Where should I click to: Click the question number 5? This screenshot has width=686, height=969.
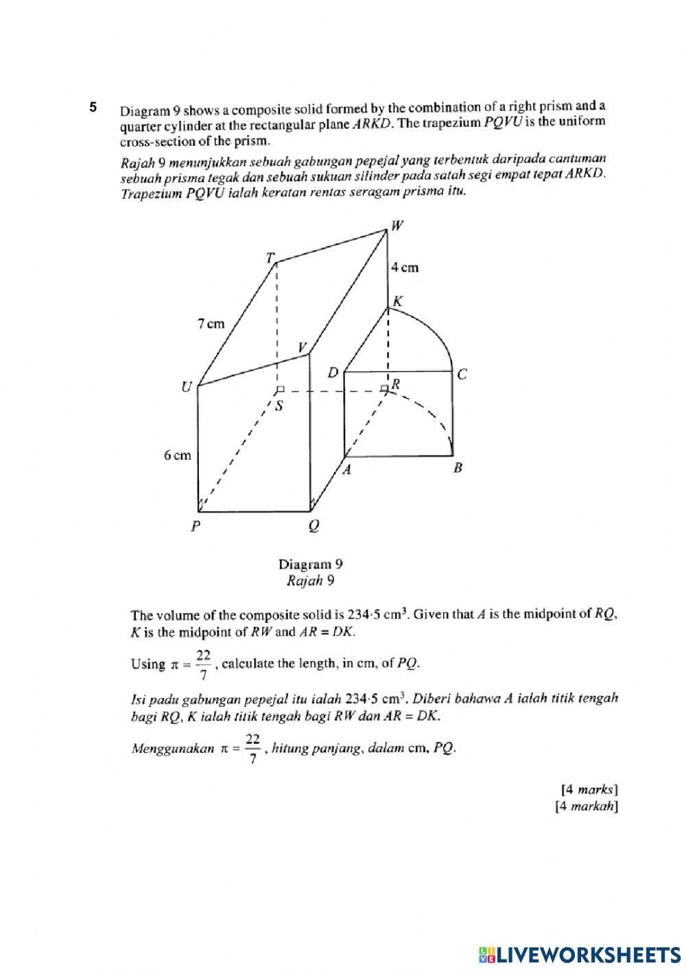click(x=93, y=107)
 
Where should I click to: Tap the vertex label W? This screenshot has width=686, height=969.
click(x=397, y=226)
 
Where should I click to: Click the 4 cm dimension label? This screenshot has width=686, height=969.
click(x=404, y=267)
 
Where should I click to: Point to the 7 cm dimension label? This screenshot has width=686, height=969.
click(x=211, y=324)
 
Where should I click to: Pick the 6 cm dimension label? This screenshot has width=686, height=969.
click(x=177, y=455)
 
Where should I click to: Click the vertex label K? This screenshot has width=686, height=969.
click(x=397, y=301)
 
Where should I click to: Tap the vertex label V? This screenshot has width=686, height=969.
click(x=302, y=348)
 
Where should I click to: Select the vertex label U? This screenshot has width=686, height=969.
click(x=186, y=388)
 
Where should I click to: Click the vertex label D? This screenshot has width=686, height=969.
click(x=333, y=373)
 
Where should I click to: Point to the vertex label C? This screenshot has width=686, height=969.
click(x=462, y=374)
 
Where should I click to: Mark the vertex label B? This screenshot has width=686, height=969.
click(x=458, y=468)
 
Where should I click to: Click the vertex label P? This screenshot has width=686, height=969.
click(x=196, y=527)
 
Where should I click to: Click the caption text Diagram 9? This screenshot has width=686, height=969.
click(x=310, y=564)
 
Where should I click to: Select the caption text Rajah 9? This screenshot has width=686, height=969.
click(x=310, y=581)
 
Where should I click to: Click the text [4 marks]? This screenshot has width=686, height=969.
click(x=589, y=789)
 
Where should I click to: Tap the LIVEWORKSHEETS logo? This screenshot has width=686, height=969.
click(x=580, y=954)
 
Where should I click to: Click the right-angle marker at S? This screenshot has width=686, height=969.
click(x=279, y=390)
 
